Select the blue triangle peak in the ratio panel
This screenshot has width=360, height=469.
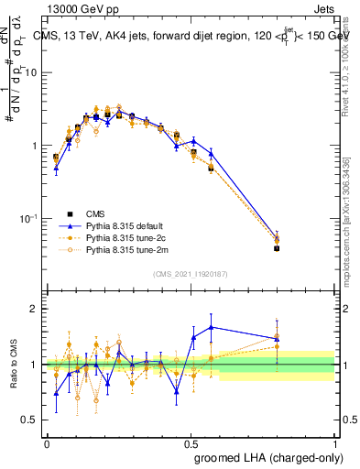click(212, 327)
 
